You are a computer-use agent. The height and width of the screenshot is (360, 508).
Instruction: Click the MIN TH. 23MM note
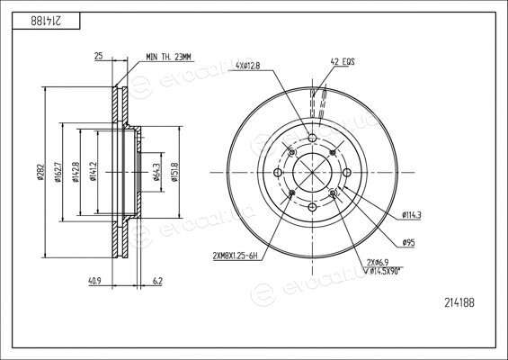point(168,57)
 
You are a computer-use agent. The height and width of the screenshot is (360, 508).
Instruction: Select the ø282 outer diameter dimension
point(40,173)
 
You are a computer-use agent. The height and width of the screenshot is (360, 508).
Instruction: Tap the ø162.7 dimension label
point(58,172)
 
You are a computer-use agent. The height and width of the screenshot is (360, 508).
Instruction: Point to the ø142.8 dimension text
point(76,172)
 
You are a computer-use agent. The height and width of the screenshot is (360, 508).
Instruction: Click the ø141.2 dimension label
point(94,171)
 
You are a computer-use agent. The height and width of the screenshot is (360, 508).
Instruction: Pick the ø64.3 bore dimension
point(156,172)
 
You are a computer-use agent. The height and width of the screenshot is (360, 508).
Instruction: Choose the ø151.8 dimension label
point(175,172)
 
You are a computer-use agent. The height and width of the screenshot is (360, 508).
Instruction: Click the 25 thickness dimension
point(99,56)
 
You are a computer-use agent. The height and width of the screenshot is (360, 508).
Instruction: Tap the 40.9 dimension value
point(94,281)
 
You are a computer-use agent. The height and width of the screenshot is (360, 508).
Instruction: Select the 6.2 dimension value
point(157,281)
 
